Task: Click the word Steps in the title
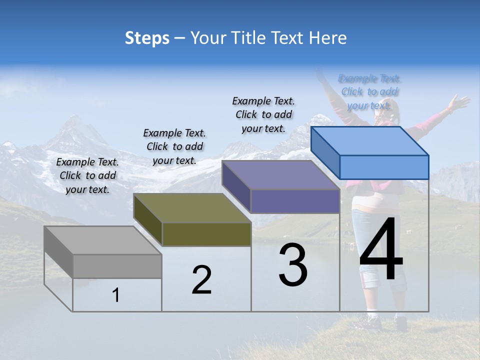[147, 38]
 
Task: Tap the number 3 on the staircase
[293, 265]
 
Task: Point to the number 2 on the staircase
[201, 280]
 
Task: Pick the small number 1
[116, 295]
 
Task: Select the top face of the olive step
[192, 208]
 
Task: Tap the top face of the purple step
[280, 175]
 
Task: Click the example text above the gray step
[87, 175]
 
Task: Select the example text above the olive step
[174, 146]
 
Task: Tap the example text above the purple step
[263, 114]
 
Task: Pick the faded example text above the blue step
[369, 91]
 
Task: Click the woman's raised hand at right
[457, 102]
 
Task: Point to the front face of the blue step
[384, 167]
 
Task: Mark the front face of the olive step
[206, 234]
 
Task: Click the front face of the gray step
[117, 266]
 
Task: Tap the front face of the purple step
[295, 201]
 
